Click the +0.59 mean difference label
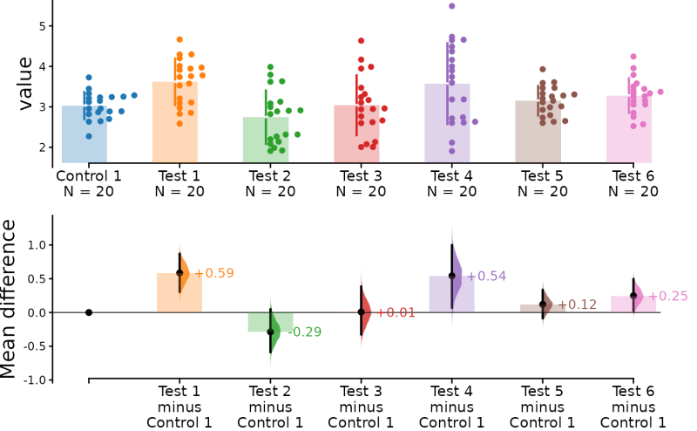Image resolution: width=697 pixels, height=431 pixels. (x=213, y=274)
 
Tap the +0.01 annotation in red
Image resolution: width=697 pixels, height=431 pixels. (x=395, y=313)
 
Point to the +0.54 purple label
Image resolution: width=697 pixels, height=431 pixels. (x=486, y=277)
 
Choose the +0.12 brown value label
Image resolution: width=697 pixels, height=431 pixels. (x=577, y=305)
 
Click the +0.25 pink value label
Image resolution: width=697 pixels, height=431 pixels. (x=667, y=297)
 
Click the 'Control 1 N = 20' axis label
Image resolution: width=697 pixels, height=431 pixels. (x=88, y=184)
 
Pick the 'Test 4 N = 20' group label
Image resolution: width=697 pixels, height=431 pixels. (x=451, y=184)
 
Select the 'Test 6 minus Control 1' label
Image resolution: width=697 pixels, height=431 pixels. (x=633, y=407)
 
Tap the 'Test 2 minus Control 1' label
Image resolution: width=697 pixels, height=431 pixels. (x=270, y=407)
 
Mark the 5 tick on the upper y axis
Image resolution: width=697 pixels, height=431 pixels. (x=40, y=26)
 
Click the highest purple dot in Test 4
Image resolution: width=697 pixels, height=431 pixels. (x=452, y=6)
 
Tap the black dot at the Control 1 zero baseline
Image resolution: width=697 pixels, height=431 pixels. (x=89, y=312)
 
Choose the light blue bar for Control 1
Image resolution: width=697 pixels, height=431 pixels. (x=85, y=135)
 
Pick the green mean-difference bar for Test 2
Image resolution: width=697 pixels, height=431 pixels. (x=270, y=322)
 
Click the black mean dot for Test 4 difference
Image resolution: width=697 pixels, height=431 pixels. (x=452, y=276)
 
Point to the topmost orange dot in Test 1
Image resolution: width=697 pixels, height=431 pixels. (x=179, y=39)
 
